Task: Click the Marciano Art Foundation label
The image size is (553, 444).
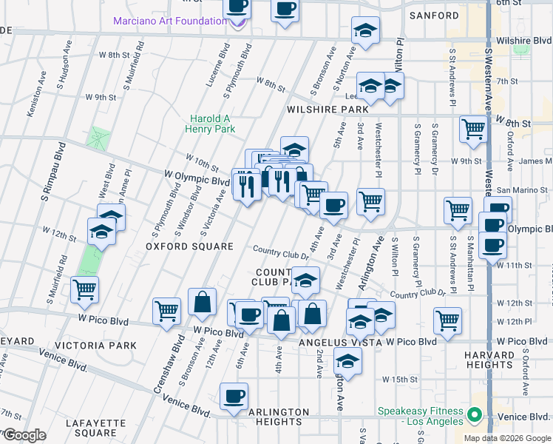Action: pos(169,21)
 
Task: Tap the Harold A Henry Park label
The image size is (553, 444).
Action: pos(212,124)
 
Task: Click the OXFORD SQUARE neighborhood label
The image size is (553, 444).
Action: pos(179,246)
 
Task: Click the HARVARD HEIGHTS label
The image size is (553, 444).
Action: pos(489,360)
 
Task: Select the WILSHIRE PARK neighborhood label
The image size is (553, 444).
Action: pos(328,110)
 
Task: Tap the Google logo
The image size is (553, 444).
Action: pos(24,435)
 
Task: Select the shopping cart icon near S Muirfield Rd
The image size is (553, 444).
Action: pos(85,289)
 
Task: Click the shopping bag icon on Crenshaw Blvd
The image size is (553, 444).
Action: pos(202,301)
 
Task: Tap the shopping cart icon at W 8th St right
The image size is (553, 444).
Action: pos(473,129)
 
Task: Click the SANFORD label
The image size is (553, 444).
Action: pos(435,16)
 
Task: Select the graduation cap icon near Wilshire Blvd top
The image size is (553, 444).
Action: pos(364,30)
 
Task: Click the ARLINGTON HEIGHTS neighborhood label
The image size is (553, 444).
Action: pos(268,417)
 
